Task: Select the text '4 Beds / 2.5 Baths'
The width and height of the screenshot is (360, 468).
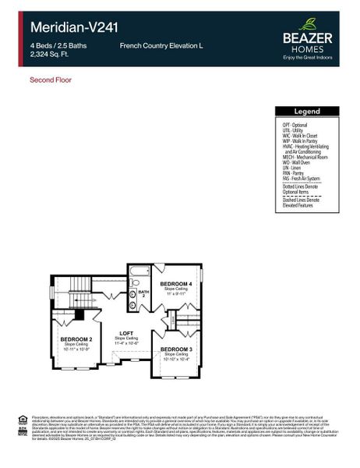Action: pos(57,46)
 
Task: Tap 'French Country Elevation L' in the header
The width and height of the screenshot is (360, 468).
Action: pos(161,46)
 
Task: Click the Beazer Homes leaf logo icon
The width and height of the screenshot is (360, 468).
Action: pos(309,24)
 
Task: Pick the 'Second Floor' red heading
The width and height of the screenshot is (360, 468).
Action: pos(51,80)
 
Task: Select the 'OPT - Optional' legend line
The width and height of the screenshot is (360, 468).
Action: pos(295,125)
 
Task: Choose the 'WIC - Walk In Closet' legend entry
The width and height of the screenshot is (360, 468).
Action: pos(299,135)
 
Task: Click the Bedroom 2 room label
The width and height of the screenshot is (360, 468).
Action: pos(77,340)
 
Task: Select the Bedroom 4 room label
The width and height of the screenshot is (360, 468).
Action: pos(176,284)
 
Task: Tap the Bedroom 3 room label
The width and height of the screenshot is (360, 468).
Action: pos(175,349)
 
